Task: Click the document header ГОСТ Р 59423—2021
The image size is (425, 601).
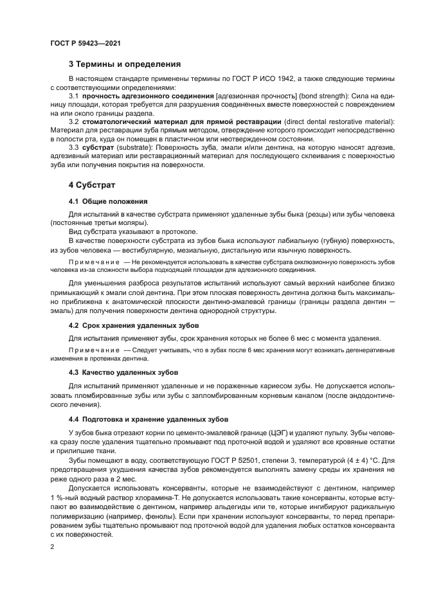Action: coord(86,43)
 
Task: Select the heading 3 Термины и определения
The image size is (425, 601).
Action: coord(125,64)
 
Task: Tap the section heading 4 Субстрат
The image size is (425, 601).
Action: coord(91,185)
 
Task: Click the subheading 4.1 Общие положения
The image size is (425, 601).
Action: coord(108,201)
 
